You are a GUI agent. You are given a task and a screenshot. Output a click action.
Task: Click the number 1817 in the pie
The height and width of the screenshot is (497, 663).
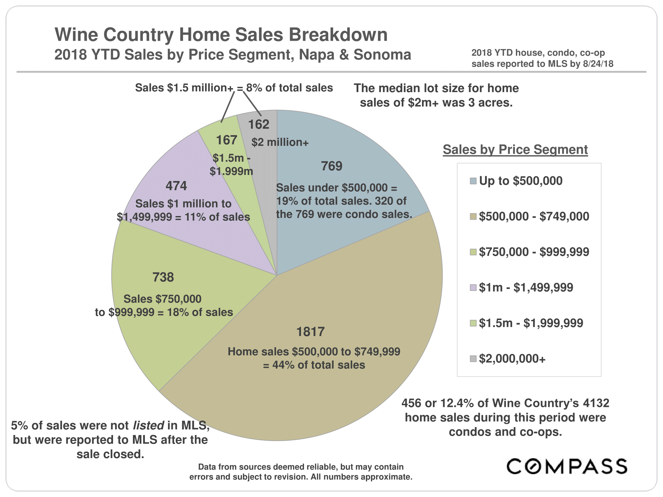tap(310, 332)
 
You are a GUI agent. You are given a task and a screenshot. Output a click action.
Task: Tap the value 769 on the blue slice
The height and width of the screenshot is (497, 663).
tap(331, 166)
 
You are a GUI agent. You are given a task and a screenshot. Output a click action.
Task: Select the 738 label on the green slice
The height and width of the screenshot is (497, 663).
tap(163, 277)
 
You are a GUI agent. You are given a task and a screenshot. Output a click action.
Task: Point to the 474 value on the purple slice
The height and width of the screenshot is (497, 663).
tap(176, 186)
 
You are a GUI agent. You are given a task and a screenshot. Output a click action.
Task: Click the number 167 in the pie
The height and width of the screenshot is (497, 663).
tap(226, 140)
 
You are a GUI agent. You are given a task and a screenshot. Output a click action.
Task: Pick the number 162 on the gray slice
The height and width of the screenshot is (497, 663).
tap(259, 125)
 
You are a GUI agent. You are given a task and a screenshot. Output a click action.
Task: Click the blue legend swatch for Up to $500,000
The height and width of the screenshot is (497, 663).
tap(473, 181)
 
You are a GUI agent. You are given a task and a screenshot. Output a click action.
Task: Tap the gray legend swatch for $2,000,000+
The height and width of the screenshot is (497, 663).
tap(473, 359)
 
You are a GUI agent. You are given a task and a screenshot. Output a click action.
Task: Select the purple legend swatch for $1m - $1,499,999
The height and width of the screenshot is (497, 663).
tap(473, 288)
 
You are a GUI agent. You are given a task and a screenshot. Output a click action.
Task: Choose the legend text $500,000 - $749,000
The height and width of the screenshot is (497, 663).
tap(534, 216)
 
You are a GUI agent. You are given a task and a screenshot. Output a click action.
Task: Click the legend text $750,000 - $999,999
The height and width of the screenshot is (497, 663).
tap(534, 252)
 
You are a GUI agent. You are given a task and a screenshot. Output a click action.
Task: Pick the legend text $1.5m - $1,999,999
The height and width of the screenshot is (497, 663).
tap(531, 323)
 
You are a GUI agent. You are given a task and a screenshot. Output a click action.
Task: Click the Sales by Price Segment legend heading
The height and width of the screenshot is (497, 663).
tap(515, 149)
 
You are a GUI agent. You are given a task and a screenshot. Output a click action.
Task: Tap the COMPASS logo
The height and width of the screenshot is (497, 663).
tap(567, 466)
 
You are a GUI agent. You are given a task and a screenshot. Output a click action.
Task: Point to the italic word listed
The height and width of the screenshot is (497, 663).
tap(149, 425)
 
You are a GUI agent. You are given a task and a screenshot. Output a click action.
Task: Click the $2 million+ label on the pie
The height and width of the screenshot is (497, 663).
tap(280, 142)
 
